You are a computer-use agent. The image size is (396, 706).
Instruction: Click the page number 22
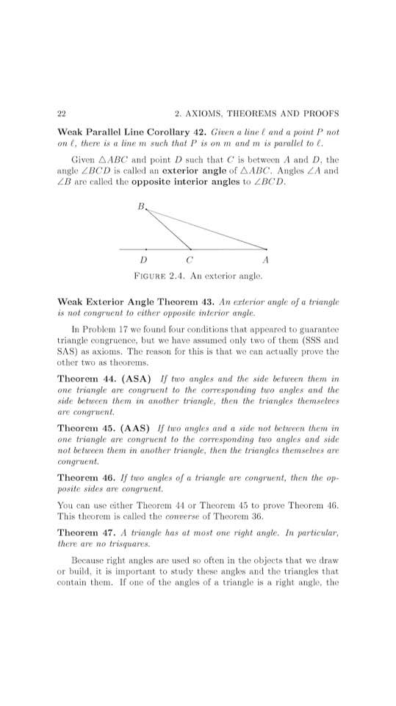point(62,114)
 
